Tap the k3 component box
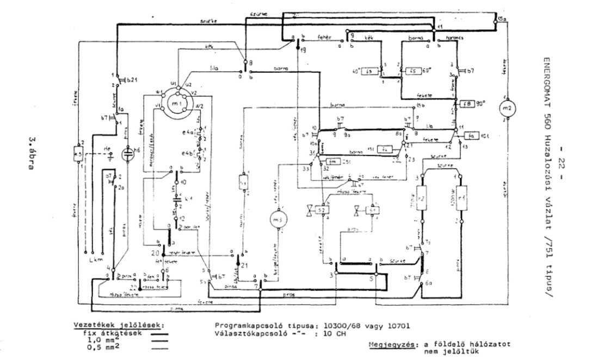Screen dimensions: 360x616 [x=78, y=154]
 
